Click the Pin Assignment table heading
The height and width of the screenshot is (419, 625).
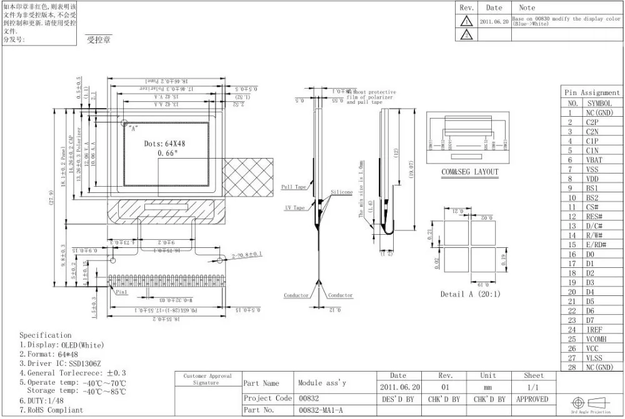[x=592, y=92]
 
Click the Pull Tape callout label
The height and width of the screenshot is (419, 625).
[x=294, y=187]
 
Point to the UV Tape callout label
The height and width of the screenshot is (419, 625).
[x=295, y=207]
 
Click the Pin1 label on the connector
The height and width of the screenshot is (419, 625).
[x=121, y=291]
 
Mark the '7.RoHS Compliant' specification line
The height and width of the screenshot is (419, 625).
[x=51, y=410]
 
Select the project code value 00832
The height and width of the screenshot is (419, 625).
[x=309, y=398]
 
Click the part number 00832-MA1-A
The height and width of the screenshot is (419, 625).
[x=321, y=410]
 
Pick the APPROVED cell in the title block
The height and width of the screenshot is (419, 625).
[x=533, y=398]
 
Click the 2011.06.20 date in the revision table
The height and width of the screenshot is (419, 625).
[x=494, y=21]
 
